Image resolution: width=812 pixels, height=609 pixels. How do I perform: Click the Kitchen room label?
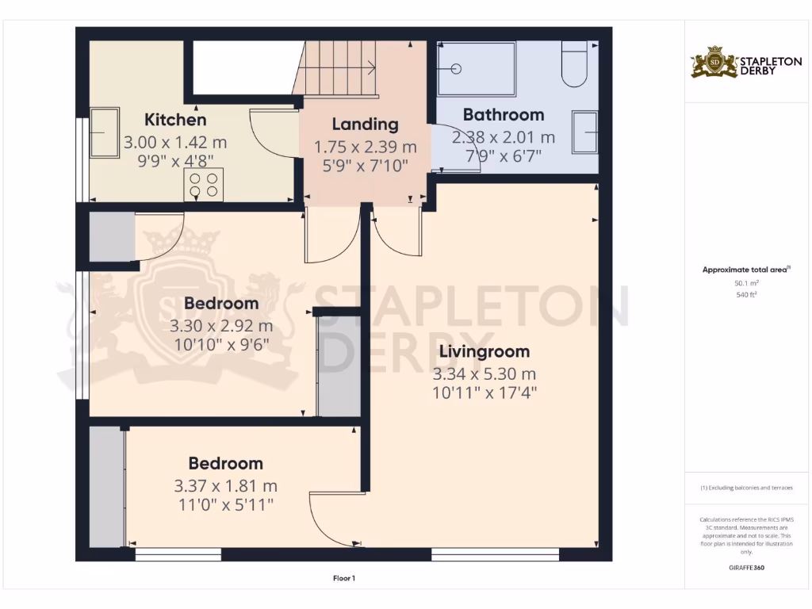(175, 120)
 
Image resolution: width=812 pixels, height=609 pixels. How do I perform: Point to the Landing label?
(365, 124)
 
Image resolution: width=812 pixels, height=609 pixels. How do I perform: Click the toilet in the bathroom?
(574, 65)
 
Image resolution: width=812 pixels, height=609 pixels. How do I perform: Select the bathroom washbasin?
(585, 131)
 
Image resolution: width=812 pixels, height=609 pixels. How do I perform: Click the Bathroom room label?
(504, 115)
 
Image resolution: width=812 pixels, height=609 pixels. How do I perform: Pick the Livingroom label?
(481, 351)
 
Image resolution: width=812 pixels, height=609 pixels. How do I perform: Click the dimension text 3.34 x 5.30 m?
(484, 373)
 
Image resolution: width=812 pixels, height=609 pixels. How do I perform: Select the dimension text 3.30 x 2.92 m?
(221, 326)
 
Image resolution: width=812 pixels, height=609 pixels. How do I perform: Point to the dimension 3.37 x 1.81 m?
(225, 486)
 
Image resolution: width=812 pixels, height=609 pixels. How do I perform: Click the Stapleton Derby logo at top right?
(734, 63)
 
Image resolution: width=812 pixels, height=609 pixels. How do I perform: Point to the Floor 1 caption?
(343, 578)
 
